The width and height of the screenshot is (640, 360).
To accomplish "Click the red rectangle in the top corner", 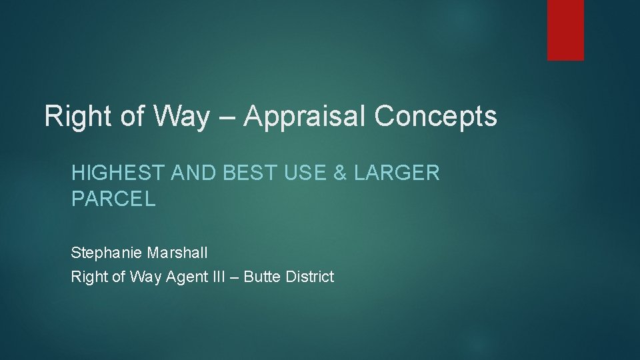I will (x=565, y=30).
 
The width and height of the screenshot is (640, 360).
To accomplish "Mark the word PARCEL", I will (x=113, y=199).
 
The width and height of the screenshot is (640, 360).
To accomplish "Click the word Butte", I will (x=262, y=277).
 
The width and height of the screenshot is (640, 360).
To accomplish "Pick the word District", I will (x=309, y=277).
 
